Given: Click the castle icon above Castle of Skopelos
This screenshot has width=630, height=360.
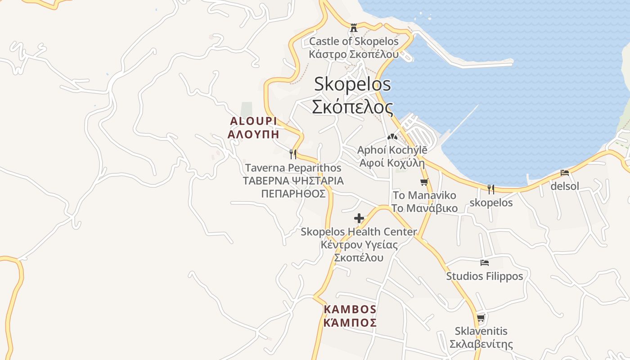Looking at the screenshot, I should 354,28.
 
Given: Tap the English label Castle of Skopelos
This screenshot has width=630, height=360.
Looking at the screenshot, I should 354,41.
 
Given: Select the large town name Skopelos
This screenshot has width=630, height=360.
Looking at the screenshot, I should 352,84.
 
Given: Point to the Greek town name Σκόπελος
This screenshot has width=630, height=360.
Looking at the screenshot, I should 352,107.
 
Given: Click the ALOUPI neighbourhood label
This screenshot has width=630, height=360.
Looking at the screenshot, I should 253,121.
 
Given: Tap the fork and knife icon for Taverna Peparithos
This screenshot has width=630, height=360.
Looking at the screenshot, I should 293,154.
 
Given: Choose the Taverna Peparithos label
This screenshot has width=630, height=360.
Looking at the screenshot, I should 293,168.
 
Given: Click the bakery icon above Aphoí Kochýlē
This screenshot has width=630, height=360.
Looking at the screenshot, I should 392,136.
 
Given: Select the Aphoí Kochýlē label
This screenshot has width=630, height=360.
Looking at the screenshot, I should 392,150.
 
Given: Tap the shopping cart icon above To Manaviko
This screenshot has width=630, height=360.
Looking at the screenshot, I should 424,182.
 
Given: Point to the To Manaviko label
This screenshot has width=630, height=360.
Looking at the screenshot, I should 424,196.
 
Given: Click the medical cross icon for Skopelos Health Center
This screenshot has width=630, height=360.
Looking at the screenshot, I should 359,219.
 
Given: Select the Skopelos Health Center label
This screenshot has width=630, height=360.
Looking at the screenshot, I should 359,232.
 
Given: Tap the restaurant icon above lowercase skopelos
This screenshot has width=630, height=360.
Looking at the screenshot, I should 491,189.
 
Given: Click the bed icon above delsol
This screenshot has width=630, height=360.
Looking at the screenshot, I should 565,173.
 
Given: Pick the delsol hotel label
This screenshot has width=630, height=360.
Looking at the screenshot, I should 565,186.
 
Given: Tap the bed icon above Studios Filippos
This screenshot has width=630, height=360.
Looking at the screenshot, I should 484,263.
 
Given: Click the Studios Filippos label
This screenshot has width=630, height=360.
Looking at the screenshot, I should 484,276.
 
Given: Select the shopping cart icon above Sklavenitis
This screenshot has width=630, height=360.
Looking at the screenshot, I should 481,318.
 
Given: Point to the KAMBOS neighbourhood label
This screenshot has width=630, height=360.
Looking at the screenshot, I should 350,310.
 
